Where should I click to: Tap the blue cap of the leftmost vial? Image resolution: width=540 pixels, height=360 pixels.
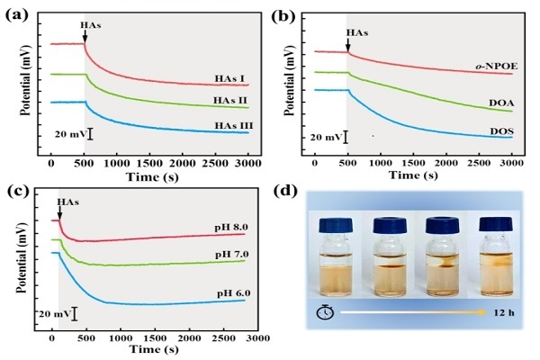click(328, 223)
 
